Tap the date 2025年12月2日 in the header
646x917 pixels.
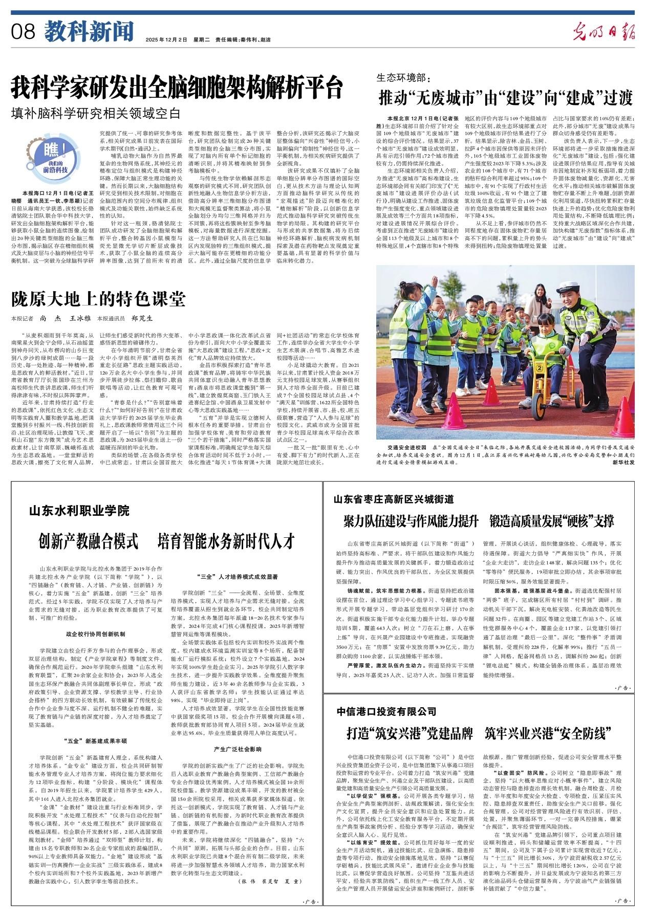point(167,39)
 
